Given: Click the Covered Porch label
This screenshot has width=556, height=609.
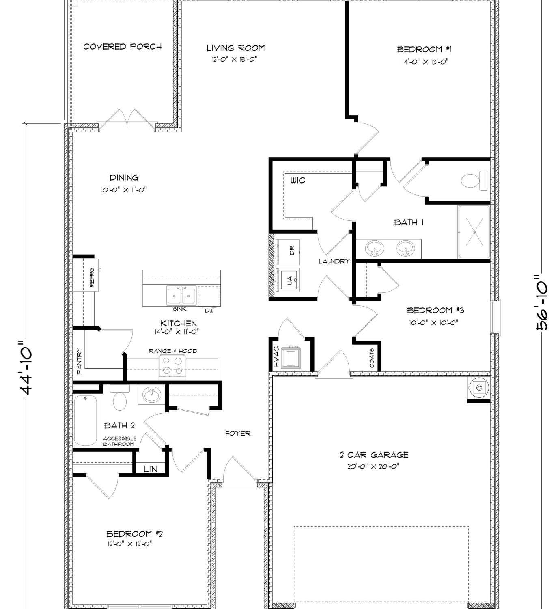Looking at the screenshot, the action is point(122,46).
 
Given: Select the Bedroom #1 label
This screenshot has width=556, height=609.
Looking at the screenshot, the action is point(425,49).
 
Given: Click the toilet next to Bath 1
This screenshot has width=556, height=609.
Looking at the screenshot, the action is point(474,181).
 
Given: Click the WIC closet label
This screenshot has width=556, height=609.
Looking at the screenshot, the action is point(298,180).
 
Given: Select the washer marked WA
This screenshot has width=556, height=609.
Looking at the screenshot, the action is point(287,280).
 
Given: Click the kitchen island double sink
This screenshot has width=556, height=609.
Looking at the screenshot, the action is point(181,295).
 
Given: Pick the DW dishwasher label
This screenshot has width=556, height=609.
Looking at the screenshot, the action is point(209,310).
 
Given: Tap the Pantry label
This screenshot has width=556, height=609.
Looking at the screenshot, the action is point(79,361).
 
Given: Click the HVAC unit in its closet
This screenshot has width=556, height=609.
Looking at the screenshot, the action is point(291,357).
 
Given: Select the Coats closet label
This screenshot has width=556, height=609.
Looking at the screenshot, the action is point(372,358).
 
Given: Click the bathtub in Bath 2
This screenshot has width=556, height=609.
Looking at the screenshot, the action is point(85,420).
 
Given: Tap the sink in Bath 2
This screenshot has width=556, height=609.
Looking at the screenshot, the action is point(151,395).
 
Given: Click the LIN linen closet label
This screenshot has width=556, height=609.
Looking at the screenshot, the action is point(151,469).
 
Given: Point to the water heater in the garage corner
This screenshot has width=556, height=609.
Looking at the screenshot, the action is point(479,387).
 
